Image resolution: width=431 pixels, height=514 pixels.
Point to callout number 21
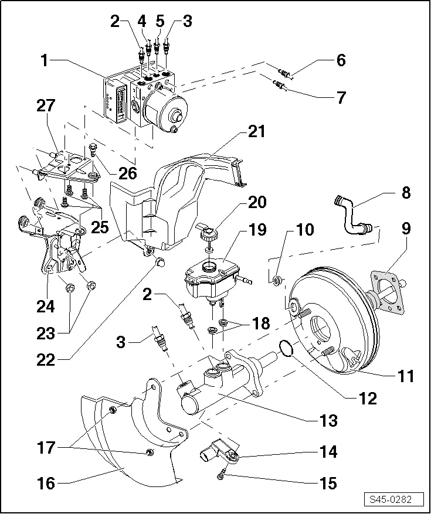[256, 132]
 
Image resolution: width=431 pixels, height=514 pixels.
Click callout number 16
[46, 484]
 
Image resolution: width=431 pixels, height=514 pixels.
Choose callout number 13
[328, 420]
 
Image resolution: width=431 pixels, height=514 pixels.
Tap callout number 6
[341, 60]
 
